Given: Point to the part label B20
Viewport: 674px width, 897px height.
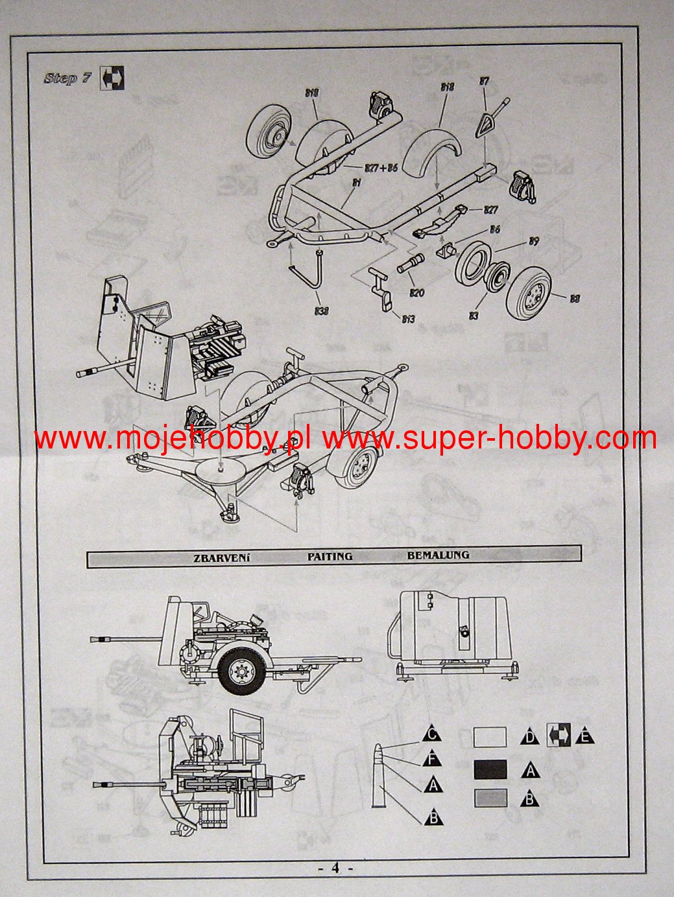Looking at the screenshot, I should tap(416, 294).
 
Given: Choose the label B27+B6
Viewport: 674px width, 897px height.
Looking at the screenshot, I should tap(380, 168).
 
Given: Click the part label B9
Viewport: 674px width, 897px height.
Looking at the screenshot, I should tap(533, 242).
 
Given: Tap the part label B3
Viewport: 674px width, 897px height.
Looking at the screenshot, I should tap(474, 316).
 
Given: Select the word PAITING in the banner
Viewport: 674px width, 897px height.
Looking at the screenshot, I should tap(330, 556).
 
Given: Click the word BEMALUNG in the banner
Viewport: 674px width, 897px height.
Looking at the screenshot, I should tap(438, 555).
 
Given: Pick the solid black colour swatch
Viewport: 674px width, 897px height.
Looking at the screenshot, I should tap(490, 769).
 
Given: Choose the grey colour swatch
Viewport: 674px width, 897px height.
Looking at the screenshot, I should tap(490, 798).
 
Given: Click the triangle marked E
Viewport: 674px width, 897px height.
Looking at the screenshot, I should tap(585, 736).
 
